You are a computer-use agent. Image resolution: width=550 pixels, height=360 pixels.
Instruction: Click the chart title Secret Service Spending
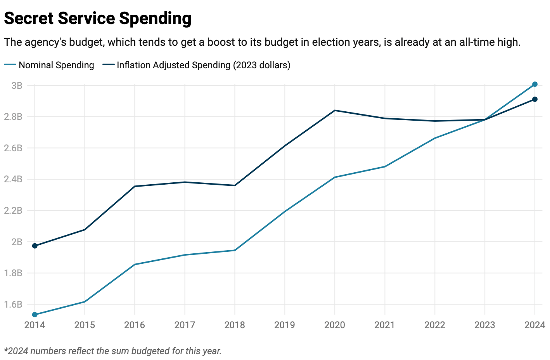pos(97,18)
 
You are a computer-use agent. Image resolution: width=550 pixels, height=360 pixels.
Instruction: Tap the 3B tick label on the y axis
pos(17,85)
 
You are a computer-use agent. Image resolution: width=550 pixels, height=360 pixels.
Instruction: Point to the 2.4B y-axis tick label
pos(13,179)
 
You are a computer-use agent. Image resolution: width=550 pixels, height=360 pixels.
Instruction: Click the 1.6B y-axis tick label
pos(13,305)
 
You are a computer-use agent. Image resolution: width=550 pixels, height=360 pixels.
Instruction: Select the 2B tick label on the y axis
pos(17,242)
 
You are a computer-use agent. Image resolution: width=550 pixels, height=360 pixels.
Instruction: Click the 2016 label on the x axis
pos(135,325)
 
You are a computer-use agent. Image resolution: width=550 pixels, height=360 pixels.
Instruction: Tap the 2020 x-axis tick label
pos(334,325)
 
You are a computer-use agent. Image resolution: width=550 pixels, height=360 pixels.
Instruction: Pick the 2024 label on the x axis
pos(534,325)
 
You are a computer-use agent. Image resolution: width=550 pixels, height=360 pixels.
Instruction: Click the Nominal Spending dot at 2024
pos(535,84)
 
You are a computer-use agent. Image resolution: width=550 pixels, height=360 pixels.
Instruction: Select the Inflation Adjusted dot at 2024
pos(535,99)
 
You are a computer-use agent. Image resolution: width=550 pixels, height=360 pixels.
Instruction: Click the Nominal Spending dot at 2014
pos(35,315)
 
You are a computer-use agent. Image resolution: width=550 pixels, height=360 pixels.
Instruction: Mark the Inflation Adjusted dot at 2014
pos(35,246)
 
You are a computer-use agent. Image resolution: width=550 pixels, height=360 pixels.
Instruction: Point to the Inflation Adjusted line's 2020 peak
pos(335,111)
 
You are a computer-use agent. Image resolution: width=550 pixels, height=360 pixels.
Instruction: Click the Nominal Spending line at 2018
pos(235,250)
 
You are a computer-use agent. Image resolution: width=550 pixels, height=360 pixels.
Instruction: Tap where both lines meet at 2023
pos(485,119)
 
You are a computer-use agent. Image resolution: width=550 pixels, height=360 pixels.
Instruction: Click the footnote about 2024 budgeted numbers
pos(113,351)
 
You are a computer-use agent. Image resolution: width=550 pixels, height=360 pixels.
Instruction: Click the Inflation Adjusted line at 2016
pos(135,186)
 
